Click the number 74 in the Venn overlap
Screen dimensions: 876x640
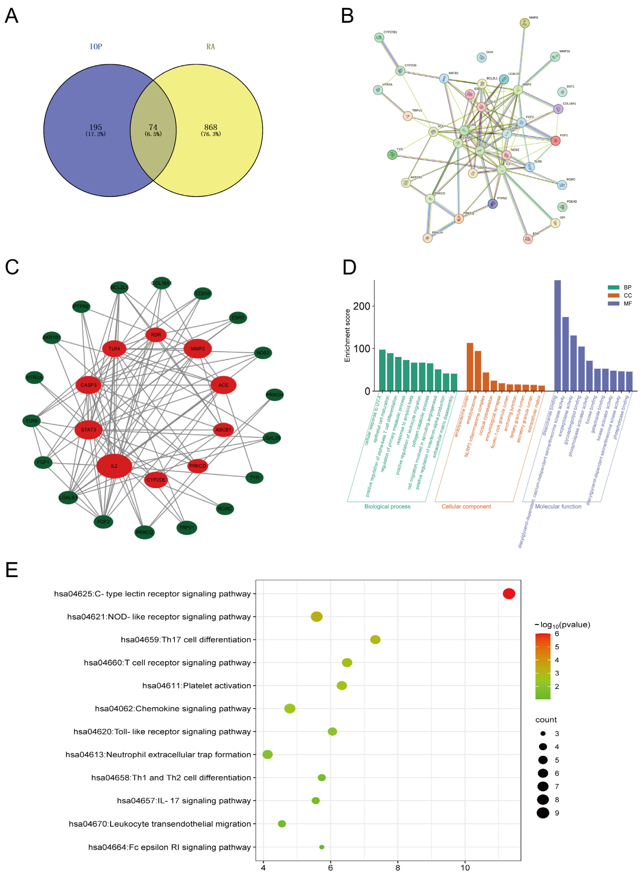tap(153, 127)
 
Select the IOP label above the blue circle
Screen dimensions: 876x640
tap(96, 47)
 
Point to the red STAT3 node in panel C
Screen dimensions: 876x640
tap(88, 430)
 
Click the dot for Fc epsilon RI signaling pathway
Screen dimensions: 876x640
tap(322, 847)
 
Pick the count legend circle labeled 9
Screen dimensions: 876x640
tap(543, 813)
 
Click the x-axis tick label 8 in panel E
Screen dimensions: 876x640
tap(397, 867)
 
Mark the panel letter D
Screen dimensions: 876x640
tap(349, 267)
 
